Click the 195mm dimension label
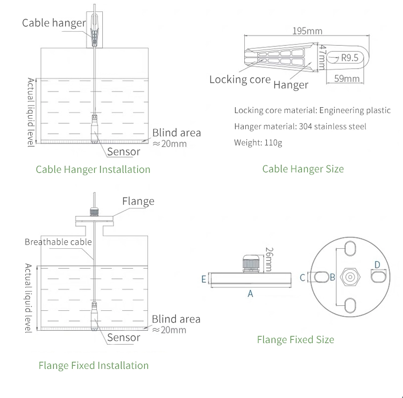tap(307, 31)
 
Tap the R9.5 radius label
tap(349, 58)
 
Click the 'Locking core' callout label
tap(239, 80)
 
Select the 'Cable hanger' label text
tap(54, 23)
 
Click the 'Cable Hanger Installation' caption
tap(93, 169)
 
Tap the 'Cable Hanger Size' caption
tap(303, 169)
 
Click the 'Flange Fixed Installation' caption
tap(94, 365)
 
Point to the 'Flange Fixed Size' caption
tap(295, 339)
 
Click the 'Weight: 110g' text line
tap(258, 143)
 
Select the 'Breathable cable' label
tap(58, 242)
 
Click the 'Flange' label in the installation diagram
tap(138, 201)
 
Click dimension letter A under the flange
tap(250, 294)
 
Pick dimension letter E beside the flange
tap(203, 279)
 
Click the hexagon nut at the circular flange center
tap(350, 277)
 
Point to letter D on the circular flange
tap(377, 264)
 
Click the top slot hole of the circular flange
tap(350, 249)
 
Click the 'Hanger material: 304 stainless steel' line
tap(300, 127)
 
